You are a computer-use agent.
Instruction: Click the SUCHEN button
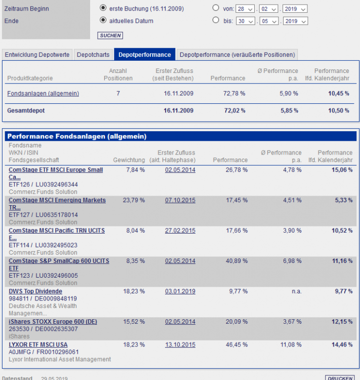point(110,35)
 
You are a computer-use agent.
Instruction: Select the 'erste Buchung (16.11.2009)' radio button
point(103,8)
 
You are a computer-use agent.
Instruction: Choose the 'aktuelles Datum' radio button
point(103,20)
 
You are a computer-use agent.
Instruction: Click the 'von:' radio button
point(216,8)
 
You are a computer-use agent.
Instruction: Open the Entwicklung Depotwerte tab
point(37,55)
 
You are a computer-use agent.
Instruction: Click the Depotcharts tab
point(94,55)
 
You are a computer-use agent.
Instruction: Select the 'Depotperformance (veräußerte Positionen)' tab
point(236,55)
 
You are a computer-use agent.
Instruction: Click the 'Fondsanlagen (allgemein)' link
point(43,94)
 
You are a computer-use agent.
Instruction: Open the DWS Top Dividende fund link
point(35,291)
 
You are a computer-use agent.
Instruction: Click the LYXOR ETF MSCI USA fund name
point(38,345)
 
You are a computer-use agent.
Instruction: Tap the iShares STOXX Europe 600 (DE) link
point(53,322)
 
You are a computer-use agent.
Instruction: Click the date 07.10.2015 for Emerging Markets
point(180,201)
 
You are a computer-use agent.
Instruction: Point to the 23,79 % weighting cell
point(134,201)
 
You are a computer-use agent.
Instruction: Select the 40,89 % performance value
point(236,261)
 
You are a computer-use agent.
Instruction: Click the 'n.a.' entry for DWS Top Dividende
point(296,292)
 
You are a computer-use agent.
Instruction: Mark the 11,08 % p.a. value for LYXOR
point(291,345)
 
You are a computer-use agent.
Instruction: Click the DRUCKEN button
point(339,378)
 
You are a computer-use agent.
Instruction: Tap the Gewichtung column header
point(129,160)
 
